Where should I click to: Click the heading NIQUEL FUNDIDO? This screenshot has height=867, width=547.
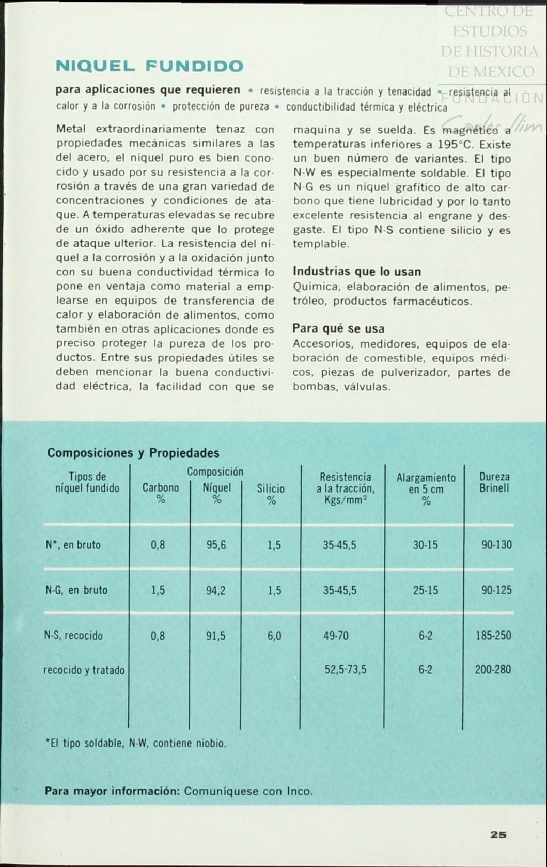tap(149, 66)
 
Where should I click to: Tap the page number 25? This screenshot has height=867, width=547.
tap(498, 834)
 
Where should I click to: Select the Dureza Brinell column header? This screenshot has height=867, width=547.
tap(494, 483)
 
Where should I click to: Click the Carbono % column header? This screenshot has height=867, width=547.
tap(161, 493)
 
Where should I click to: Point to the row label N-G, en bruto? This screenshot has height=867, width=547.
tap(76, 590)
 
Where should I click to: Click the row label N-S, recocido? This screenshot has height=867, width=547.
tap(73, 636)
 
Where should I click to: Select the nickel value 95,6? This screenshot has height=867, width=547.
tap(216, 545)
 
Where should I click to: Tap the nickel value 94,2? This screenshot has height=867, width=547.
tap(216, 590)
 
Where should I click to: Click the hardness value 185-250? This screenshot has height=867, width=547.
tap(493, 636)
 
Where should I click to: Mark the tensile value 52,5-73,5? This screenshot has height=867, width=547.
tap(345, 670)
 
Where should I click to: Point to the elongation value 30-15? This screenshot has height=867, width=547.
tap(425, 545)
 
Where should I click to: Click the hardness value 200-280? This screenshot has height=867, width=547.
tap(493, 670)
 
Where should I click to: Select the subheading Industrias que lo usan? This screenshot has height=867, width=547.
tap(356, 272)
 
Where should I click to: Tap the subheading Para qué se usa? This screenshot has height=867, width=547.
tap(338, 328)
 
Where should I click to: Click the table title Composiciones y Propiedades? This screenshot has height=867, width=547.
tap(133, 453)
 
